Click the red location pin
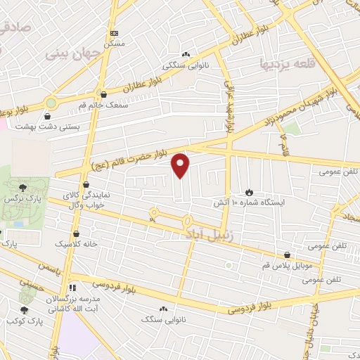pos(181,165)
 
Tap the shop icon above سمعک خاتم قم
pos(104,94)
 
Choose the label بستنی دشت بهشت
pos(68,126)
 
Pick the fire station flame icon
pos(249,192)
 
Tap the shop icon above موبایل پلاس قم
pos(287,256)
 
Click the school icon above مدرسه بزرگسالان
pos(72,288)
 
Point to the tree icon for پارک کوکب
pos(25,310)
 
